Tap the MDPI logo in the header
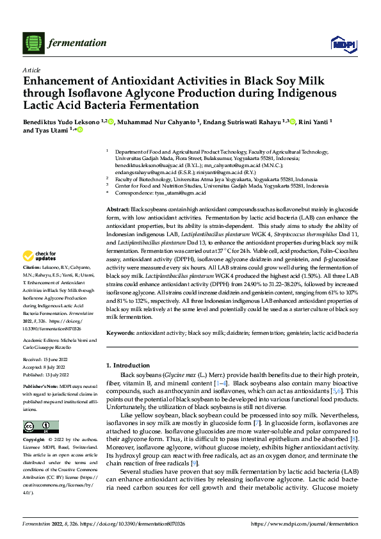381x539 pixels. coord(340,43)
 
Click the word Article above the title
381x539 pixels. coord(31,70)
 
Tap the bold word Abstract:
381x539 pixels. coord(117,210)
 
